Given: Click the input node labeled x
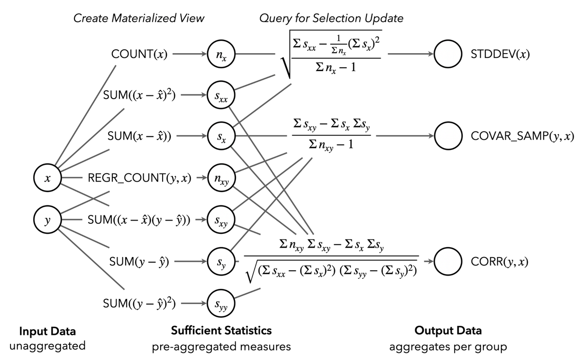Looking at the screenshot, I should click(46, 179).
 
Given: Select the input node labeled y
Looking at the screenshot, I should click(46, 220).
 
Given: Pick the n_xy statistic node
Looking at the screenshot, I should click(220, 179).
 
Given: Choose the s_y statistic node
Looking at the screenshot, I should click(220, 261).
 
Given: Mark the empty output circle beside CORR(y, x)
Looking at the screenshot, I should click(448, 261).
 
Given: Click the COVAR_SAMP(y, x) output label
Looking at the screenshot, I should click(523, 137).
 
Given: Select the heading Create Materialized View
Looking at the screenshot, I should click(139, 18).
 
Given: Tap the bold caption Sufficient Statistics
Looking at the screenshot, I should click(221, 330).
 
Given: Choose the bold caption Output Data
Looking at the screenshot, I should click(448, 330).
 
